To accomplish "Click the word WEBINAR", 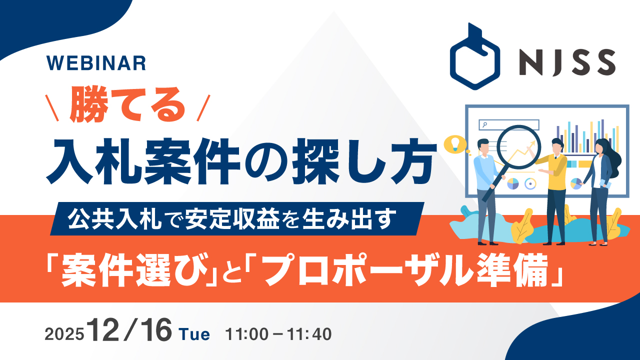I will [x=95, y=62].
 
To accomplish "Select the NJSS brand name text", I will [x=566, y=62].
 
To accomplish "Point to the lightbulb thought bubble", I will [x=455, y=143].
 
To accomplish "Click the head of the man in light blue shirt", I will [x=483, y=146].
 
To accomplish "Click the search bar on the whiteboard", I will [x=508, y=124].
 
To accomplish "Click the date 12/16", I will [x=130, y=331].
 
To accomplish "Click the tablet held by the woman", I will [x=606, y=183].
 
